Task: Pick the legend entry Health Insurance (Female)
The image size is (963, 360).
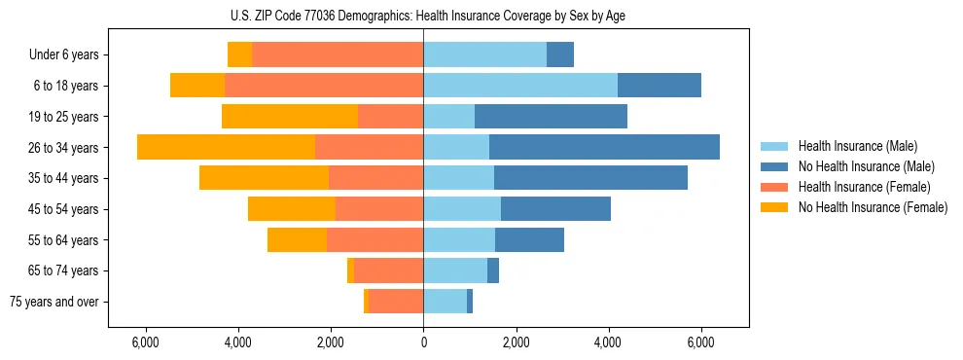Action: (858, 187)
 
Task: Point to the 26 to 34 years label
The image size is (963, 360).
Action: (64, 148)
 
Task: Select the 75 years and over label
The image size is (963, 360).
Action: (54, 302)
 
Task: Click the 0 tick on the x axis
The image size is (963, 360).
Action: (423, 342)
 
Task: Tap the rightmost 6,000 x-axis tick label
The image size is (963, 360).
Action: (701, 342)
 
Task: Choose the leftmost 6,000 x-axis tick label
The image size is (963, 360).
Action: (145, 342)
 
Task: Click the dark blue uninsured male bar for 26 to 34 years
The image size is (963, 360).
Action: (604, 147)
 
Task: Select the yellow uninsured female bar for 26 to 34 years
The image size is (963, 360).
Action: (226, 147)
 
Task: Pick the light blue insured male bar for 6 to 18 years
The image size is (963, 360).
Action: (520, 86)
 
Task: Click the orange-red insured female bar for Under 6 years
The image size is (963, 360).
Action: (338, 54)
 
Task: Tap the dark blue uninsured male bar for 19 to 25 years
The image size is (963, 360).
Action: (551, 117)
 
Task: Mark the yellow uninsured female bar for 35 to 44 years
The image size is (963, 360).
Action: (264, 178)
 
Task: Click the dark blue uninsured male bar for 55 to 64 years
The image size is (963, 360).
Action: (529, 239)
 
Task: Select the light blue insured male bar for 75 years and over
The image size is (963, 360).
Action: (445, 302)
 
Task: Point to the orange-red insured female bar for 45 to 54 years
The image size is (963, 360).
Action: (379, 209)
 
